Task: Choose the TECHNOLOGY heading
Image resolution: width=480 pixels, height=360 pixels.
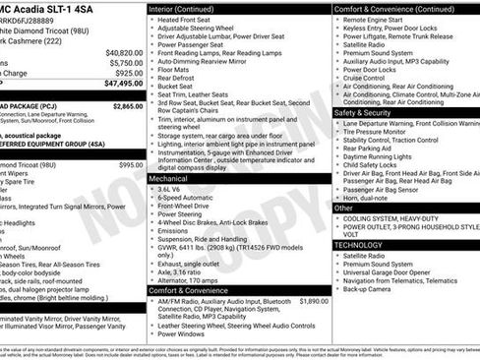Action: pyautogui.click(x=360, y=245)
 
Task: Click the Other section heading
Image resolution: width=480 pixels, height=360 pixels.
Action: pyautogui.click(x=343, y=208)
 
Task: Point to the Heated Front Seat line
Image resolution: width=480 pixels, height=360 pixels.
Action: pyautogui.click(x=189, y=20)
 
